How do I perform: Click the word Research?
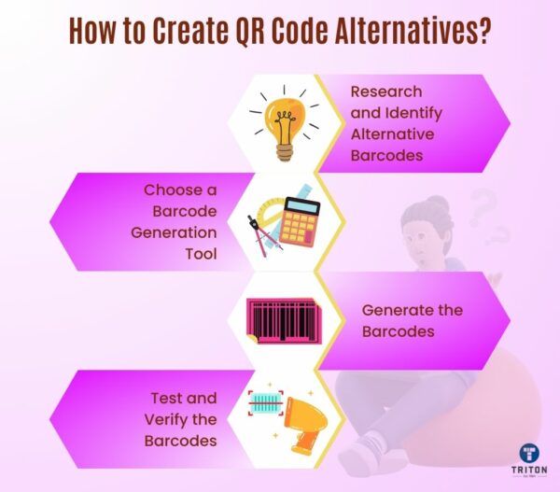(x=386, y=92)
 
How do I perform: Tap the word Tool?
(x=199, y=252)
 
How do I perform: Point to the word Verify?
(x=165, y=417)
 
